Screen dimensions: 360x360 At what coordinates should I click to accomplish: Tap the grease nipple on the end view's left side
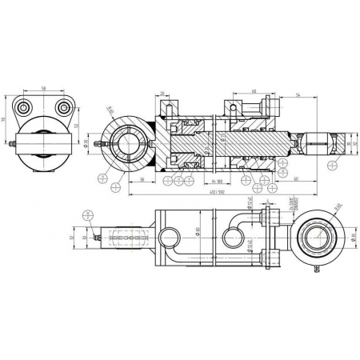tap(13, 146)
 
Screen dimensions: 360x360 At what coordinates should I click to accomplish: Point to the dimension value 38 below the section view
tap(140, 182)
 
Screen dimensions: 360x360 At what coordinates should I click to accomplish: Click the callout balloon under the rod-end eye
tap(331, 166)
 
